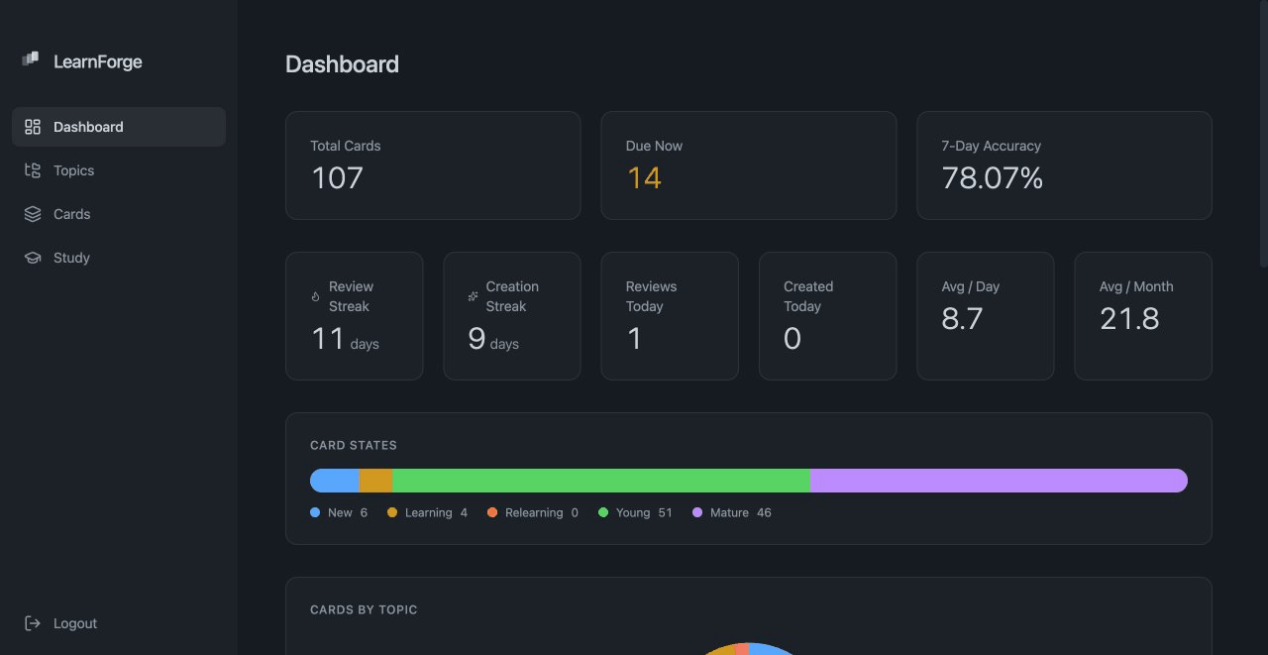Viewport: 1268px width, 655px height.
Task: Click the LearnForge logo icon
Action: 30,60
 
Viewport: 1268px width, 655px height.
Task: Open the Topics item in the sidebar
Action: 73,170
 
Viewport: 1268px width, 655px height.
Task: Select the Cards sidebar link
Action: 71,214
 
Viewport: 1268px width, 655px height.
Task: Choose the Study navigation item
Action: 71,258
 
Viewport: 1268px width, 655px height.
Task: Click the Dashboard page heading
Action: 342,64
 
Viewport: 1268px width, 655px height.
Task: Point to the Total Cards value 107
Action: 337,178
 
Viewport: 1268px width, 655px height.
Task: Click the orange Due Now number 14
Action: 644,178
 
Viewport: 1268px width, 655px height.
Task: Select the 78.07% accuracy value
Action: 992,178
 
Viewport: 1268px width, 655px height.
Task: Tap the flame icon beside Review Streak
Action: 316,296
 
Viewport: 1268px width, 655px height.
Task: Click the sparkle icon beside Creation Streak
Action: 474,296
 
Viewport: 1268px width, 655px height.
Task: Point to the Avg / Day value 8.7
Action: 962,319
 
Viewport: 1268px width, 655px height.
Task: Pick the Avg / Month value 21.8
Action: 1129,319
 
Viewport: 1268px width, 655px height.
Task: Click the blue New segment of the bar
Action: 335,481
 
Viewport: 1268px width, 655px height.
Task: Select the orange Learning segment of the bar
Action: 376,481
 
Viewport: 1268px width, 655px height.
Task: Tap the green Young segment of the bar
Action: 601,481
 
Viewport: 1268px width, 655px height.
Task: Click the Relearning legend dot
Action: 492,512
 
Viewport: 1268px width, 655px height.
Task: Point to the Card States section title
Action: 354,446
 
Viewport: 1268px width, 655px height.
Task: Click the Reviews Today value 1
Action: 634,339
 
